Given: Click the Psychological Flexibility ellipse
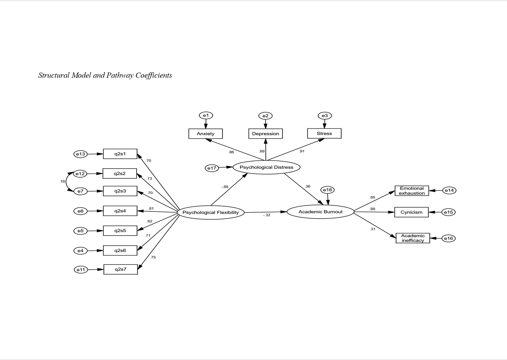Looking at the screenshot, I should pyautogui.click(x=211, y=213).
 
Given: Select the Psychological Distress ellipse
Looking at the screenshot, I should pyautogui.click(x=266, y=167).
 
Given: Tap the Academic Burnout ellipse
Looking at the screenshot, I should pyautogui.click(x=320, y=212).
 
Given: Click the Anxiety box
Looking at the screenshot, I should pyautogui.click(x=206, y=133).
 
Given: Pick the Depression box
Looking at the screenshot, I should pyautogui.click(x=265, y=133).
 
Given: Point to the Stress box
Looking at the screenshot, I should pyautogui.click(x=324, y=133).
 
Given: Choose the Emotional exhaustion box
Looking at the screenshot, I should pyautogui.click(x=412, y=191).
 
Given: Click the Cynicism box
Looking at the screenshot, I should pyautogui.click(x=411, y=212).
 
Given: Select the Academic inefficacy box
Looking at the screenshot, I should pyautogui.click(x=413, y=238).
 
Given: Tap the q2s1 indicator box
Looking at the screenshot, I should pyautogui.click(x=120, y=154).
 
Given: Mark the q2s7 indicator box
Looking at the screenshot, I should pyautogui.click(x=120, y=269).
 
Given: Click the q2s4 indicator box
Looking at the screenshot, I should pyautogui.click(x=120, y=211).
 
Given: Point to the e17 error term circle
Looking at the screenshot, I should pyautogui.click(x=212, y=168).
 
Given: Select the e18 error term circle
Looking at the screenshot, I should pyautogui.click(x=327, y=190).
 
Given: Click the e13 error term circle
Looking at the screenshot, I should pyautogui.click(x=80, y=154).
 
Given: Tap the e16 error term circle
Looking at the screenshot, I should pyautogui.click(x=448, y=239).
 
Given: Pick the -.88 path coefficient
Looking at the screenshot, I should pyautogui.click(x=224, y=187).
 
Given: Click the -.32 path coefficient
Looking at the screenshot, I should pyautogui.click(x=266, y=215).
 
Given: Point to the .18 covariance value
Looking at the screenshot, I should pyautogui.click(x=62, y=181).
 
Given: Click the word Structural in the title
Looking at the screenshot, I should pyautogui.click(x=54, y=75).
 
